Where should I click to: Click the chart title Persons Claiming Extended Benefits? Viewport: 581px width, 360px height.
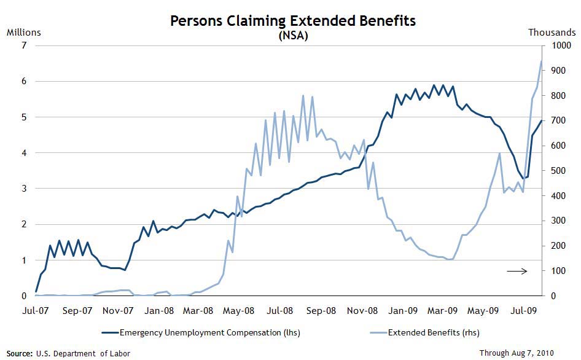[x=292, y=21]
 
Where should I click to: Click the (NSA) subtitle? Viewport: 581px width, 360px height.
[x=292, y=36]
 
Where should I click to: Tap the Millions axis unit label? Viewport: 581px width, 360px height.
[x=23, y=32]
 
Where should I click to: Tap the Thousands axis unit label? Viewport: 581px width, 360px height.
[x=552, y=32]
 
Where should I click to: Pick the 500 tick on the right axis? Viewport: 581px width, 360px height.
[x=558, y=171]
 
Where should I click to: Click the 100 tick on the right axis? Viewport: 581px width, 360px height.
[x=558, y=271]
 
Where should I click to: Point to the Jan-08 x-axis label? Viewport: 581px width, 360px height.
[x=160, y=311]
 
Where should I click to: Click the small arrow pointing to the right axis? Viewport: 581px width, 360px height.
[x=517, y=271]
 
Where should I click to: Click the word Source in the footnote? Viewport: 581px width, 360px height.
[x=19, y=354]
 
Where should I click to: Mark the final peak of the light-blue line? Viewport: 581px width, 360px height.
[x=541, y=61]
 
